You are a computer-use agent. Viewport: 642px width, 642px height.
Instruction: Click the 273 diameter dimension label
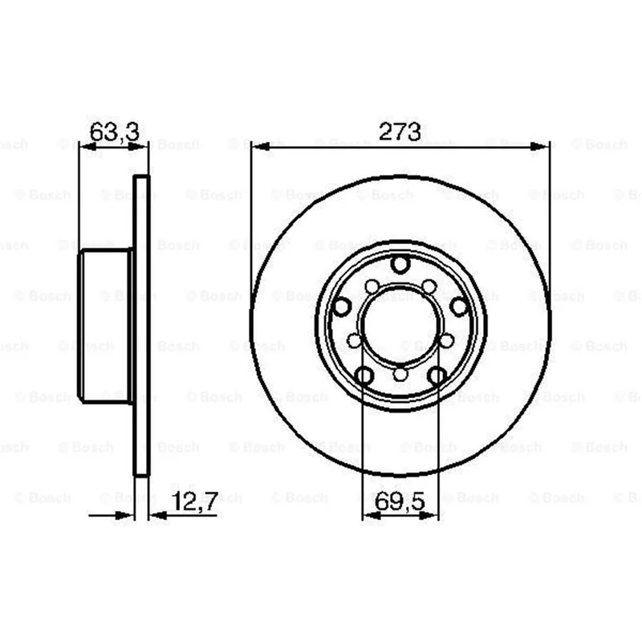click(400, 132)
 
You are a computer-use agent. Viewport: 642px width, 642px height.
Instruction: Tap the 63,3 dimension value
click(114, 132)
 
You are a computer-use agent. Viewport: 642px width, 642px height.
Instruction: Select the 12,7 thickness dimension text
click(194, 501)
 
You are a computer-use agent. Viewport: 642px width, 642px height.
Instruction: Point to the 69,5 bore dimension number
click(400, 501)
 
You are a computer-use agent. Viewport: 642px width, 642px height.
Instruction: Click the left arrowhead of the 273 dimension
click(259, 146)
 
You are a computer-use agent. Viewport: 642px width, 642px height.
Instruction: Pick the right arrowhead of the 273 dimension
click(539, 146)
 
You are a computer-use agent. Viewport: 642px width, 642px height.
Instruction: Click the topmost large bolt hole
click(400, 264)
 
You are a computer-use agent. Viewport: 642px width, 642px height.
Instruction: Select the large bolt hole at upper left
click(342, 307)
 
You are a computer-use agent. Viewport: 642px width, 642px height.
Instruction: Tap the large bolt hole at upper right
click(459, 307)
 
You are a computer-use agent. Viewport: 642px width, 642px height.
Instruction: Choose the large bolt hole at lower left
click(364, 376)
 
